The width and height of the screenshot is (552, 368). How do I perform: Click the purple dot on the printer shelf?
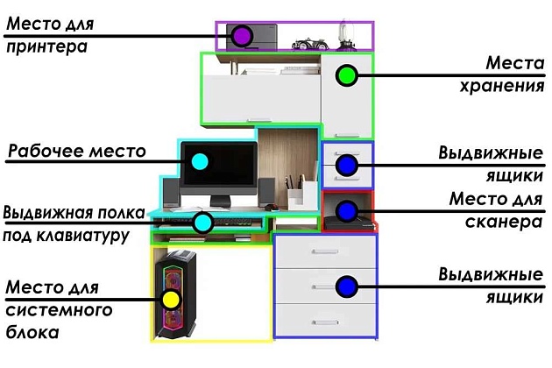(x=243, y=36)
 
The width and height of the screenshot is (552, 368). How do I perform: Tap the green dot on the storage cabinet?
(x=347, y=75)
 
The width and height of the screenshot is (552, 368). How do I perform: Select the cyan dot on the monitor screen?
(x=200, y=161)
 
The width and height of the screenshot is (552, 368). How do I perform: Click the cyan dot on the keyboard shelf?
(x=203, y=222)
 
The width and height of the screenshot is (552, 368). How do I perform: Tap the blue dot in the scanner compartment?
(x=347, y=210)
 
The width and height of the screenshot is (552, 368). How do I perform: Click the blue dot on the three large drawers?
(x=347, y=286)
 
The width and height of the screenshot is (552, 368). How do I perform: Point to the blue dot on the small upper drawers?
(x=347, y=164)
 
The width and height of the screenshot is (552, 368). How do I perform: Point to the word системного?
(x=59, y=310)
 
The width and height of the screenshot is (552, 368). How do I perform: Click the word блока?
(x=32, y=333)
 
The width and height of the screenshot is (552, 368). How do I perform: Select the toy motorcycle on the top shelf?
(x=308, y=40)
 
